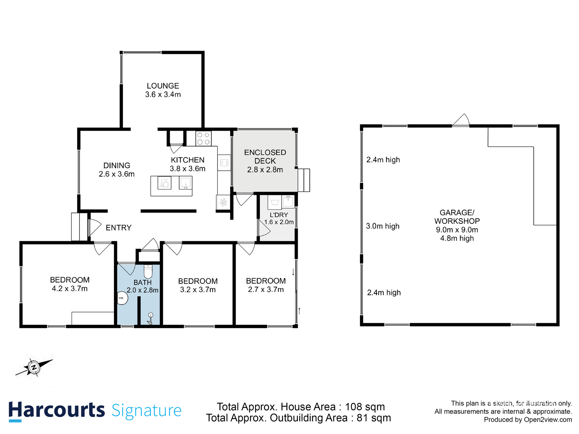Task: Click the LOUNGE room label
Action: point(163,86)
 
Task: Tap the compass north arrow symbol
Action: point(34,367)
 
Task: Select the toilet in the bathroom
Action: point(148,271)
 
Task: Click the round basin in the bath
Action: point(122,298)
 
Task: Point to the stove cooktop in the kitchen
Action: point(203,139)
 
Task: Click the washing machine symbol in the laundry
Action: point(275,203)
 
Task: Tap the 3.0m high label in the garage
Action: point(383,226)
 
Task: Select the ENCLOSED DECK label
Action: point(265,157)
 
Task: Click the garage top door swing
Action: point(461,120)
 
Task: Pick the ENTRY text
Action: point(118,228)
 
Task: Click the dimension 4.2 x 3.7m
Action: point(69,289)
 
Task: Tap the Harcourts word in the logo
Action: point(56,410)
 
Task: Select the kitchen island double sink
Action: point(164,183)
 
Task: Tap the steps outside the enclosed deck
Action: point(304,180)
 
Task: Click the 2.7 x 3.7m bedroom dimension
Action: point(266,289)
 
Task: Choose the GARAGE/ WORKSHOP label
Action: point(457,217)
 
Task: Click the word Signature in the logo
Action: point(147,411)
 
